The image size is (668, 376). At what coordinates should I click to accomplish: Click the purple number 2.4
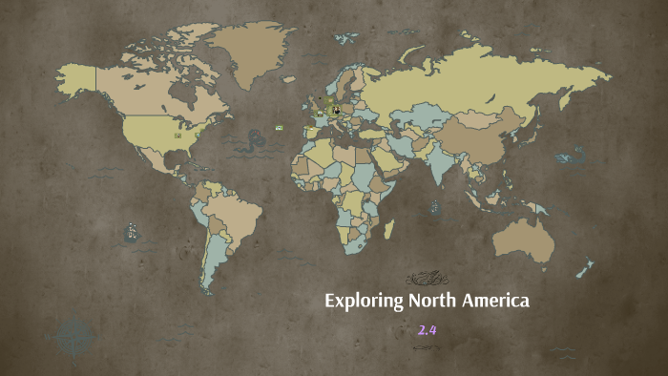click(426, 331)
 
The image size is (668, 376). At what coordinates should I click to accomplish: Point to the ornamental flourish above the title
click(426, 279)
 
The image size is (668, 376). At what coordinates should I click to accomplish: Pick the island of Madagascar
click(388, 229)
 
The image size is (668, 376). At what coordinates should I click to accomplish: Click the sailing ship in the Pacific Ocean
click(131, 232)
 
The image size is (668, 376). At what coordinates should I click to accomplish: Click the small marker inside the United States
click(177, 136)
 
